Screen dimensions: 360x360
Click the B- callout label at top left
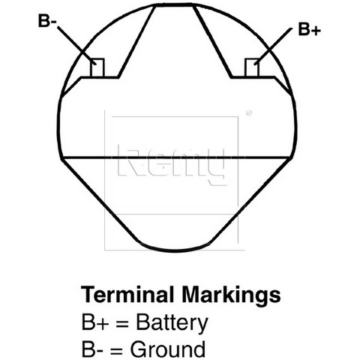tap(47, 21)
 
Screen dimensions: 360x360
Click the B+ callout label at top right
tap(309, 29)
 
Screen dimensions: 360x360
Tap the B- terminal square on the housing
tap(97, 67)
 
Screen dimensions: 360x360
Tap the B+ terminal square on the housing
tap(252, 67)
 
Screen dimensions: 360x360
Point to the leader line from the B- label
tap(76, 46)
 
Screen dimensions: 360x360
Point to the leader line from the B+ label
tap(273, 46)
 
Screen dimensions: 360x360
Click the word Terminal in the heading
tap(127, 295)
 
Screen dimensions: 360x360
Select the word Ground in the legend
tap(168, 349)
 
